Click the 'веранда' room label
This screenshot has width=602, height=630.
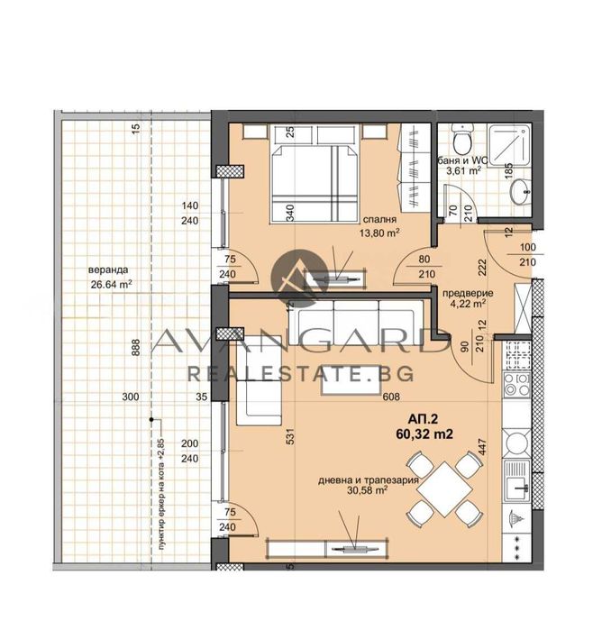(x=107, y=269)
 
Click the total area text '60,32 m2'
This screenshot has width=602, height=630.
(x=422, y=434)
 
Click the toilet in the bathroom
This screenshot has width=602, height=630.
(x=461, y=142)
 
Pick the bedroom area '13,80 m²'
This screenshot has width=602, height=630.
(x=380, y=233)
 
